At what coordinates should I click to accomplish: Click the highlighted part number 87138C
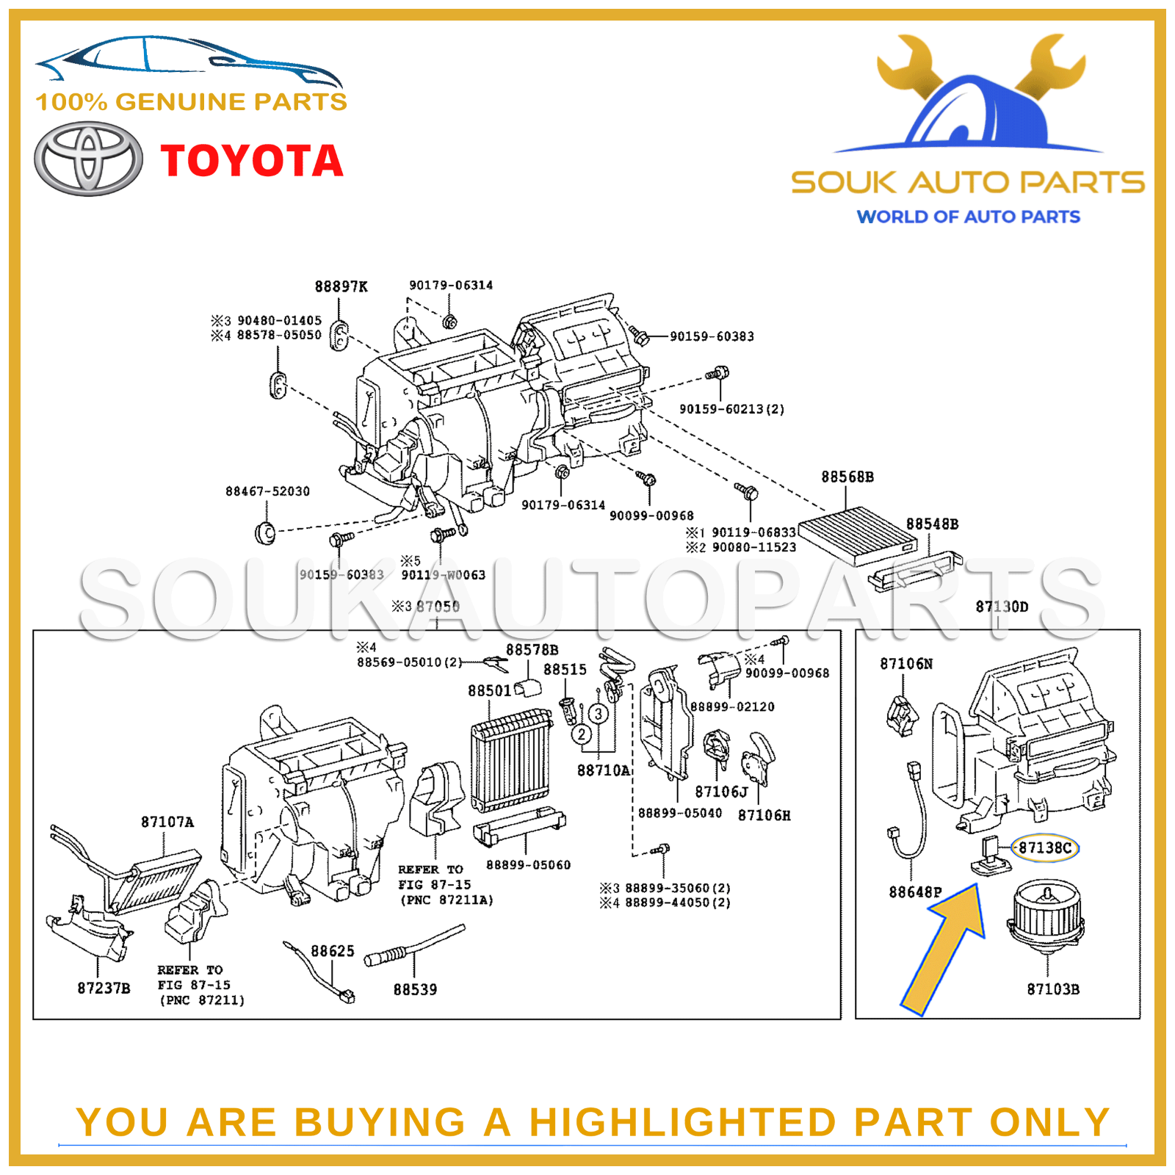(x=1044, y=847)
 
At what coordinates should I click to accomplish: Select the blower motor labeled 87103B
(x=1046, y=917)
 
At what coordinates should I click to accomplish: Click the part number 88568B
(x=847, y=477)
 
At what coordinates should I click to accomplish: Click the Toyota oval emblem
(x=88, y=159)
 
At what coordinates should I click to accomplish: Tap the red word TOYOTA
(x=252, y=161)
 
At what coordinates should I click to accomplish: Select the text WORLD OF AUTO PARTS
(x=968, y=217)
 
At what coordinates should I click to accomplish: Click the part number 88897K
(x=341, y=287)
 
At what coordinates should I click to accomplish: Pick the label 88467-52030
(x=267, y=491)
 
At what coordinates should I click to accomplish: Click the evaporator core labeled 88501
(x=511, y=760)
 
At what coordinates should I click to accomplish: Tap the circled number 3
(x=599, y=713)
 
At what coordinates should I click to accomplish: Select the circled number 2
(x=582, y=734)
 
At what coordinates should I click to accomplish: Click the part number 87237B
(x=104, y=988)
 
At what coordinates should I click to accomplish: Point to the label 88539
(x=415, y=990)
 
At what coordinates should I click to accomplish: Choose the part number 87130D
(x=1002, y=607)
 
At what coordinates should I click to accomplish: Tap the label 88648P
(x=914, y=892)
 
